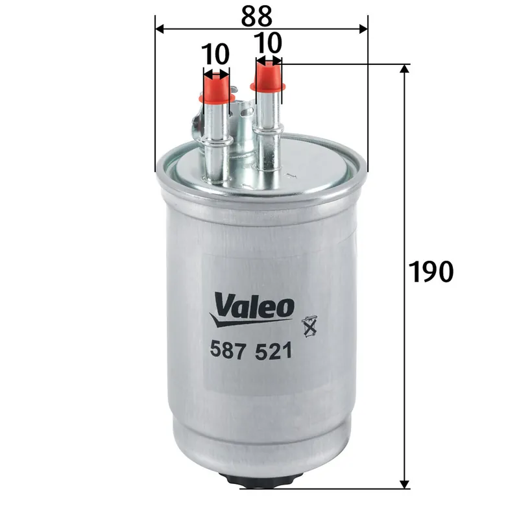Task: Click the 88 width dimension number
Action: pyautogui.click(x=261, y=14)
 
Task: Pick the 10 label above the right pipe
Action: pyautogui.click(x=268, y=43)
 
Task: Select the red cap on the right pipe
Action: pyautogui.click(x=269, y=76)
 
